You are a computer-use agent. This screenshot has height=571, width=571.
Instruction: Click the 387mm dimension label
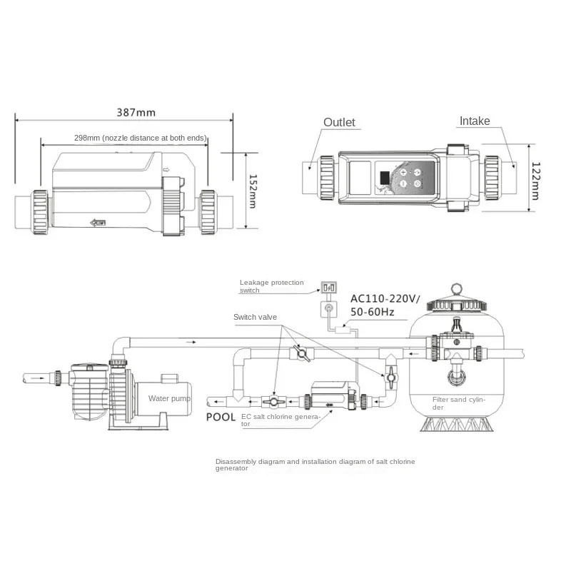pyautogui.click(x=136, y=113)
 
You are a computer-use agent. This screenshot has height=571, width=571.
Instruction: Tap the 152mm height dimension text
pyautogui.click(x=253, y=191)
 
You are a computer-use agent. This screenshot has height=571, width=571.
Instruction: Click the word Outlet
pyautogui.click(x=339, y=122)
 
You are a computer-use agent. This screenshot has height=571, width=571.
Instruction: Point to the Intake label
pyautogui.click(x=475, y=121)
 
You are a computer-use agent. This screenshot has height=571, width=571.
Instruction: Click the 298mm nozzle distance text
pyautogui.click(x=140, y=138)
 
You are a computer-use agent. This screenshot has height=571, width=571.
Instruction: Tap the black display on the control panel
pyautogui.click(x=385, y=178)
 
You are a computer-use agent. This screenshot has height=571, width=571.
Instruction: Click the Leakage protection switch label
pyautogui.click(x=271, y=286)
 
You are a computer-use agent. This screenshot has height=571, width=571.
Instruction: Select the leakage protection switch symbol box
pyautogui.click(x=328, y=288)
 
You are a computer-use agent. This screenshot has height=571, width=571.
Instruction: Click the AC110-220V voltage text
pyautogui.click(x=385, y=299)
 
